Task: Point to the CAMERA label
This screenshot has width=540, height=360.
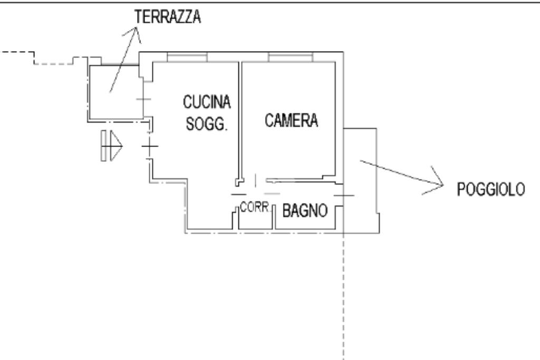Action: (x=292, y=121)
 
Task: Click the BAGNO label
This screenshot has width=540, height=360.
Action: (x=305, y=211)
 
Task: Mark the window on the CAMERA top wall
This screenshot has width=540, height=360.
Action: (x=290, y=56)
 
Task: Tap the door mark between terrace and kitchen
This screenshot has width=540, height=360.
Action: (x=143, y=99)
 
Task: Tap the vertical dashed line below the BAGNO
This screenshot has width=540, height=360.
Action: (x=343, y=295)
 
